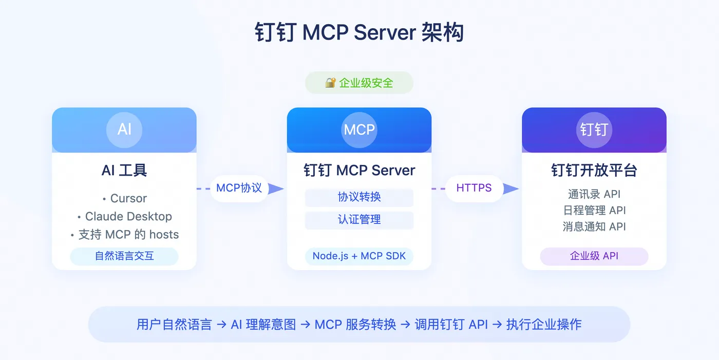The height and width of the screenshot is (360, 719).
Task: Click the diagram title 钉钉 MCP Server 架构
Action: (x=359, y=32)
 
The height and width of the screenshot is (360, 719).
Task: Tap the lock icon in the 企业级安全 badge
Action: (x=330, y=83)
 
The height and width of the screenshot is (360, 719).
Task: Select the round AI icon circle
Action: (x=124, y=129)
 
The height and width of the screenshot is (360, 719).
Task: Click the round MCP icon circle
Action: (x=359, y=129)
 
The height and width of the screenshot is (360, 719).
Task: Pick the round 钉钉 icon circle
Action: (x=594, y=129)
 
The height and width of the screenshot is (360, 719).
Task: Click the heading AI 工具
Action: (x=124, y=170)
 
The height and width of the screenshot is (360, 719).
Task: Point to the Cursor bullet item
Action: (x=128, y=198)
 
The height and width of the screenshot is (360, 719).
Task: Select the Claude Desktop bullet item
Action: (x=128, y=216)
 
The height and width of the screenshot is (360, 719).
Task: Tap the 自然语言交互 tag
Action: (x=124, y=256)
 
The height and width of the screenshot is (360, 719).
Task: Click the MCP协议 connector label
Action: (x=239, y=188)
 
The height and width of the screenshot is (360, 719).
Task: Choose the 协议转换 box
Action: (x=359, y=197)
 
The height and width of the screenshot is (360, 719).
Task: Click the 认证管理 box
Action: (x=359, y=220)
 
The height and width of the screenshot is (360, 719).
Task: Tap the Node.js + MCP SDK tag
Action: (x=359, y=256)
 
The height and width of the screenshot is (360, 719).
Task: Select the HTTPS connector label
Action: (x=474, y=188)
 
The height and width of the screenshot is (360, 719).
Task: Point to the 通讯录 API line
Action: (x=594, y=194)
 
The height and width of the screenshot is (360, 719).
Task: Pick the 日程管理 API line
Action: (x=594, y=210)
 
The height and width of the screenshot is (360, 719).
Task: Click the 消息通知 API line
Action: (x=594, y=226)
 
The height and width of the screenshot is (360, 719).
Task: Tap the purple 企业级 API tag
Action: (x=594, y=256)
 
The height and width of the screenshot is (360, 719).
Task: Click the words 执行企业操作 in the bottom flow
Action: (x=543, y=325)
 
